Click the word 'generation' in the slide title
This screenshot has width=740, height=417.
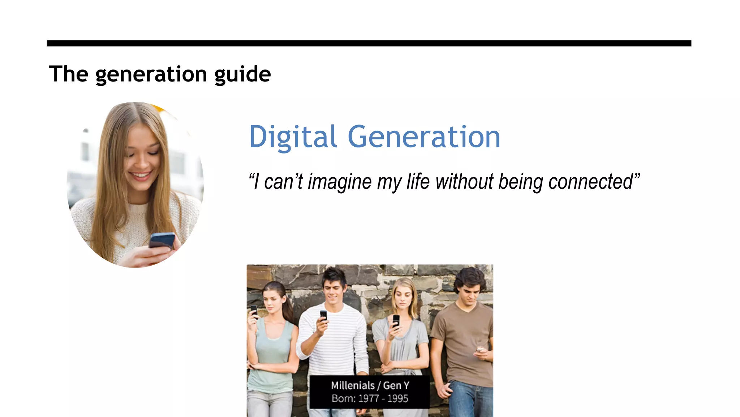click(151, 74)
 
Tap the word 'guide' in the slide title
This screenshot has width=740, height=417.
click(242, 74)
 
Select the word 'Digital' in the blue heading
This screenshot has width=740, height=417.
click(293, 137)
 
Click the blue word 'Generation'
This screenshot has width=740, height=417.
click(424, 137)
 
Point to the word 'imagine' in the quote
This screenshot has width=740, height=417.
click(339, 182)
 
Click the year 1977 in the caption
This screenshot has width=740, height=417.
click(369, 399)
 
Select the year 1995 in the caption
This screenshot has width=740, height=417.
click(397, 399)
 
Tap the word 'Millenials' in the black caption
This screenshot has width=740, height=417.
click(353, 386)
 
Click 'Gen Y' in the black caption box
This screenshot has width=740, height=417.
click(396, 386)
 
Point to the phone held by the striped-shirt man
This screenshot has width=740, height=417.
click(323, 315)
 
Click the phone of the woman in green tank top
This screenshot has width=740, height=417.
click(254, 310)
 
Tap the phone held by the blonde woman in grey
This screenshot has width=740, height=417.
click(396, 321)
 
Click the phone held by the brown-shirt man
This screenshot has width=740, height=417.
click(479, 350)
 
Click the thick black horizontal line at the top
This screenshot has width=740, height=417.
click(369, 43)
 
